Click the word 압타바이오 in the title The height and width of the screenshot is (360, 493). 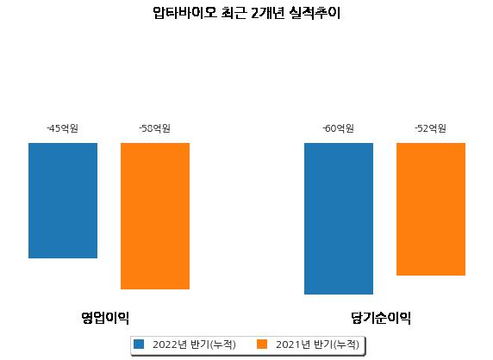pyautogui.click(x=184, y=13)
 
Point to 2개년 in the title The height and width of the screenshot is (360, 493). pyautogui.click(x=267, y=13)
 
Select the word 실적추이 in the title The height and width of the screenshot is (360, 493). pyautogui.click(x=315, y=13)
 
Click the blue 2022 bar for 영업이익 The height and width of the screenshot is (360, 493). pyautogui.click(x=63, y=201)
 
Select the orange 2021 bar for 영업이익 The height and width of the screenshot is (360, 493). pyautogui.click(x=155, y=216)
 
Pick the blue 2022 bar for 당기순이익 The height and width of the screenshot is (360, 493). pyautogui.click(x=339, y=219)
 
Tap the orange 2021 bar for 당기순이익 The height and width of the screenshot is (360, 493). pyautogui.click(x=431, y=209)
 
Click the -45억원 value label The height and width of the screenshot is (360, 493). pyautogui.click(x=63, y=128)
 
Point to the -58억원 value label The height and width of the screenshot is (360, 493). pyautogui.click(x=154, y=128)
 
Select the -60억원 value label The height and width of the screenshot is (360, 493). pyautogui.click(x=339, y=128)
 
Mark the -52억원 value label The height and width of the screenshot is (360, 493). pyautogui.click(x=430, y=128)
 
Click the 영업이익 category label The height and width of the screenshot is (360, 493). pyautogui.click(x=105, y=318)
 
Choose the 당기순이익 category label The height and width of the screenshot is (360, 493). pyautogui.click(x=381, y=318)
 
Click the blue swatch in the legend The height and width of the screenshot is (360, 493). pyautogui.click(x=139, y=344)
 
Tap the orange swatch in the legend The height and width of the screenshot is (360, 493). pyautogui.click(x=262, y=344)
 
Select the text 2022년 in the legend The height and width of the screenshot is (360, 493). pyautogui.click(x=170, y=344)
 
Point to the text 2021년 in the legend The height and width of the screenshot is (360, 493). pyautogui.click(x=293, y=344)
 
